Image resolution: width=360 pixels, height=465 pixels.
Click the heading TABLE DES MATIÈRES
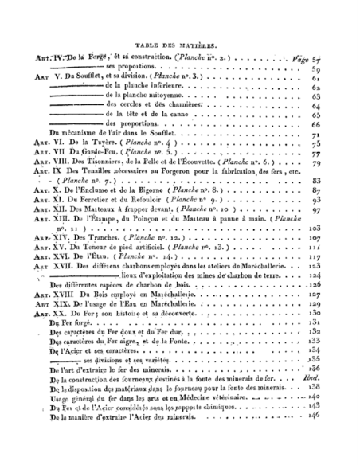pos(179,45)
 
